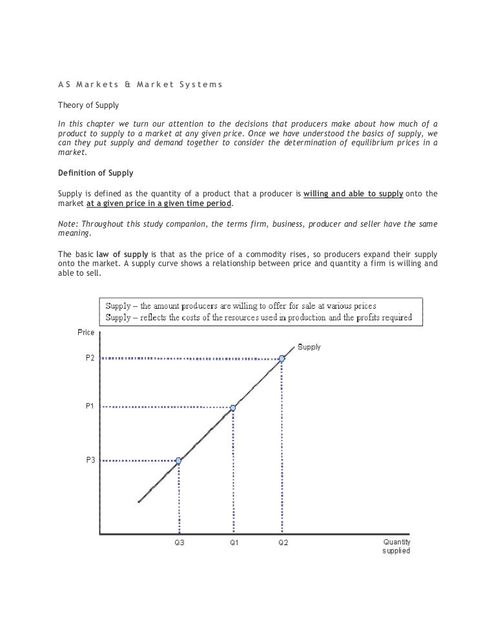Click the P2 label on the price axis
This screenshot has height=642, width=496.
90,357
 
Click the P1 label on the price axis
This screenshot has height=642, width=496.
90,406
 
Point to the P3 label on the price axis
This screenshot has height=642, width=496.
90,460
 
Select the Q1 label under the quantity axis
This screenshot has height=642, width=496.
234,543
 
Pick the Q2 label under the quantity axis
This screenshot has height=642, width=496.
283,543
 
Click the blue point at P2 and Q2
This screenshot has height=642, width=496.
282,358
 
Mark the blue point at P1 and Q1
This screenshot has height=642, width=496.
233,408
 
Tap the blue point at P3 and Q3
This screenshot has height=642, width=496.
179,461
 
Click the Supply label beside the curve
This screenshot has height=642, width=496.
309,347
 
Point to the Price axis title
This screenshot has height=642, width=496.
86,333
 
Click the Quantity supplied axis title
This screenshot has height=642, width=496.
396,546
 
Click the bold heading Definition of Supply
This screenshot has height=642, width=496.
96,172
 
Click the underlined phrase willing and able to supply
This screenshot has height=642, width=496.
353,193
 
